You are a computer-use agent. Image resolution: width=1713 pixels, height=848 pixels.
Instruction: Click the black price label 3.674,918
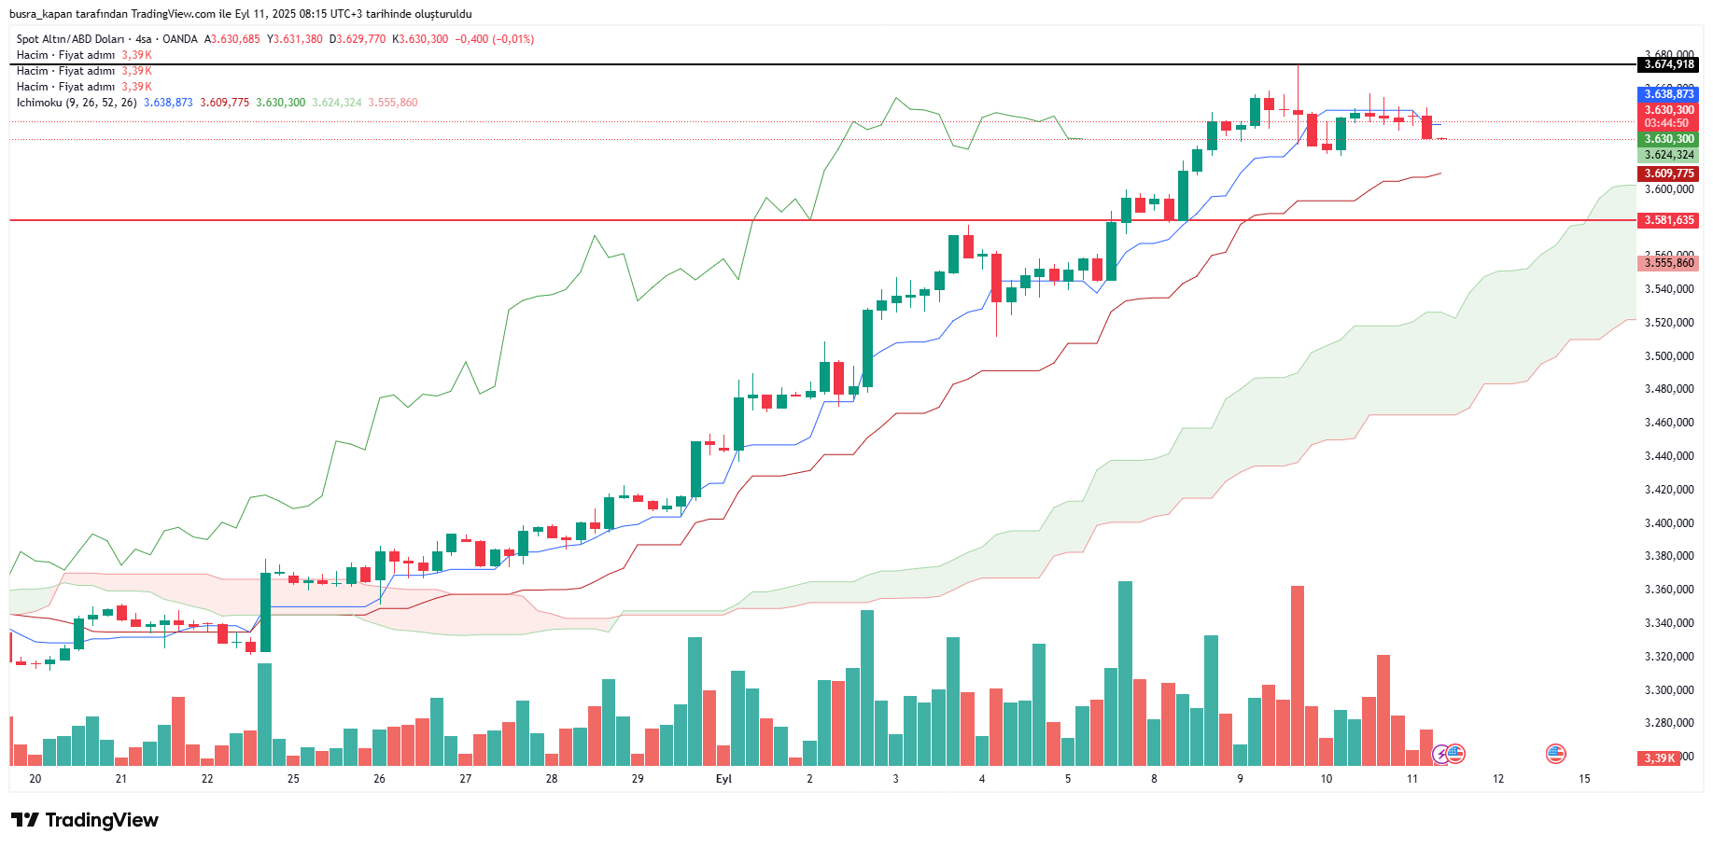pyautogui.click(x=1669, y=64)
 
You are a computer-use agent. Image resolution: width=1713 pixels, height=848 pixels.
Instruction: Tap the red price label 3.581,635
pyautogui.click(x=1669, y=220)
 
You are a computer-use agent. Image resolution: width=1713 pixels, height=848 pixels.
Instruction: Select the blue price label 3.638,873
pyautogui.click(x=1669, y=94)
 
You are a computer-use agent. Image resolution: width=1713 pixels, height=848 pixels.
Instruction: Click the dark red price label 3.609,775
pyautogui.click(x=1669, y=174)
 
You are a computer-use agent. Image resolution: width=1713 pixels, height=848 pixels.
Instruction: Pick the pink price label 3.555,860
pyautogui.click(x=1669, y=263)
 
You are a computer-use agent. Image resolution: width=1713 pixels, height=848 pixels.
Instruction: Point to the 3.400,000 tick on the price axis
pyautogui.click(x=1669, y=523)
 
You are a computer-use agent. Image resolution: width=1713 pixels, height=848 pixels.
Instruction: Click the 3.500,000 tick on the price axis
pyautogui.click(x=1669, y=356)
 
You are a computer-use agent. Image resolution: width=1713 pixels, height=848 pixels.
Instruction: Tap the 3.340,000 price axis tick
pyautogui.click(x=1669, y=623)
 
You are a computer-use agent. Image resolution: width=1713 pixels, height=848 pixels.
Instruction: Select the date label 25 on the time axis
pyautogui.click(x=293, y=779)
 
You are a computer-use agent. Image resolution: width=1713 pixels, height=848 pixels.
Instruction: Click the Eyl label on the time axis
pyautogui.click(x=723, y=779)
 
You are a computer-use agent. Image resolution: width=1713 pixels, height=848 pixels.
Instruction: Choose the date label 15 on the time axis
pyautogui.click(x=1584, y=779)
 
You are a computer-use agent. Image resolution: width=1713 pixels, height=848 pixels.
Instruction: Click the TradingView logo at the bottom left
pyautogui.click(x=85, y=820)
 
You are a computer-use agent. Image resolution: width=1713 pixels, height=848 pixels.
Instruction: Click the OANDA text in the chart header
pyautogui.click(x=180, y=39)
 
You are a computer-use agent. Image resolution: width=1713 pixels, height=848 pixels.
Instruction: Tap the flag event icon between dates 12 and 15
pyautogui.click(x=1555, y=754)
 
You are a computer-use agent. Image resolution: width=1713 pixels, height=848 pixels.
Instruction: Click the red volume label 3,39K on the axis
pyautogui.click(x=1660, y=758)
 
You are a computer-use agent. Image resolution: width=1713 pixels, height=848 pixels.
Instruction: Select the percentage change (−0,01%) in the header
pyautogui.click(x=513, y=39)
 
